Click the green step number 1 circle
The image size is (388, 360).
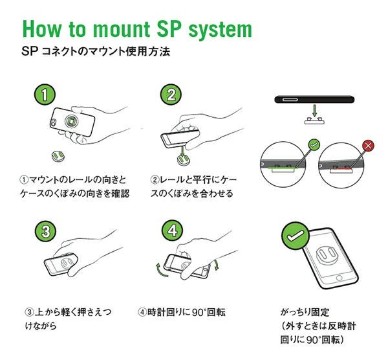[43, 95]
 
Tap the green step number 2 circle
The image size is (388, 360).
[170, 95]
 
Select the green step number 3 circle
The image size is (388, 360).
[43, 231]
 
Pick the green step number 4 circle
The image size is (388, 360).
[170, 231]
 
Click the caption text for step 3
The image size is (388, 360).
[69, 319]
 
